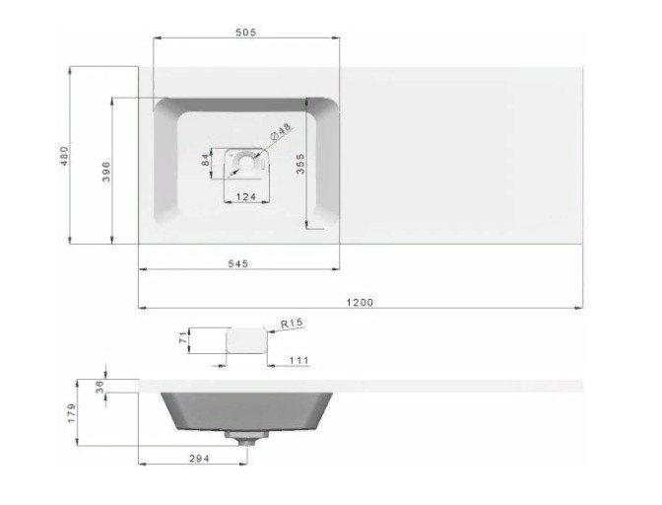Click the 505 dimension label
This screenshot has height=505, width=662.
pos(245,33)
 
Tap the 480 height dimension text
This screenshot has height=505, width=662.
pos(64,156)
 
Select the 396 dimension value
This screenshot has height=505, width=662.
pos(106,172)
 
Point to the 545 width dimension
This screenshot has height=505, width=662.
pos(238,263)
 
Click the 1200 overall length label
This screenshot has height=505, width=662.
pos(360,303)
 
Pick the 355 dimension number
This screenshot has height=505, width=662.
pos(300,164)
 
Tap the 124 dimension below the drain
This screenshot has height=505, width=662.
pos(246,196)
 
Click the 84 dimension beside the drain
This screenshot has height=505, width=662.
pos(206,160)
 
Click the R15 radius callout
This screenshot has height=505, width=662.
pos(292,324)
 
